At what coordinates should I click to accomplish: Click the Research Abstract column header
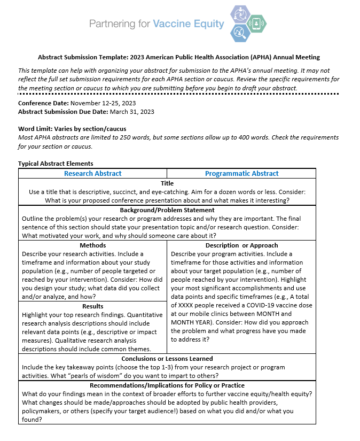(x=92, y=173)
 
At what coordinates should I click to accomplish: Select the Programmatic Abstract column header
(x=241, y=173)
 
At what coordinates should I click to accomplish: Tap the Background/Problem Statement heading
(x=167, y=210)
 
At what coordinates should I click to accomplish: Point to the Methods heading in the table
(x=92, y=245)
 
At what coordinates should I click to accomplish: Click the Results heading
(x=92, y=306)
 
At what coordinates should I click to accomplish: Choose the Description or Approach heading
(x=241, y=245)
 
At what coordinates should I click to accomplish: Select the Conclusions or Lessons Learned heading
(x=167, y=359)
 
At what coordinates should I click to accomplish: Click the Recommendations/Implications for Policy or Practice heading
(x=167, y=385)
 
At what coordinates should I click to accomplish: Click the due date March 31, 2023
(x=132, y=112)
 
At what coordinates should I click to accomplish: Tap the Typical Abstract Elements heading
(x=56, y=164)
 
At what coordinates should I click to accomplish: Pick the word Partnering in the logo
(x=111, y=24)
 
